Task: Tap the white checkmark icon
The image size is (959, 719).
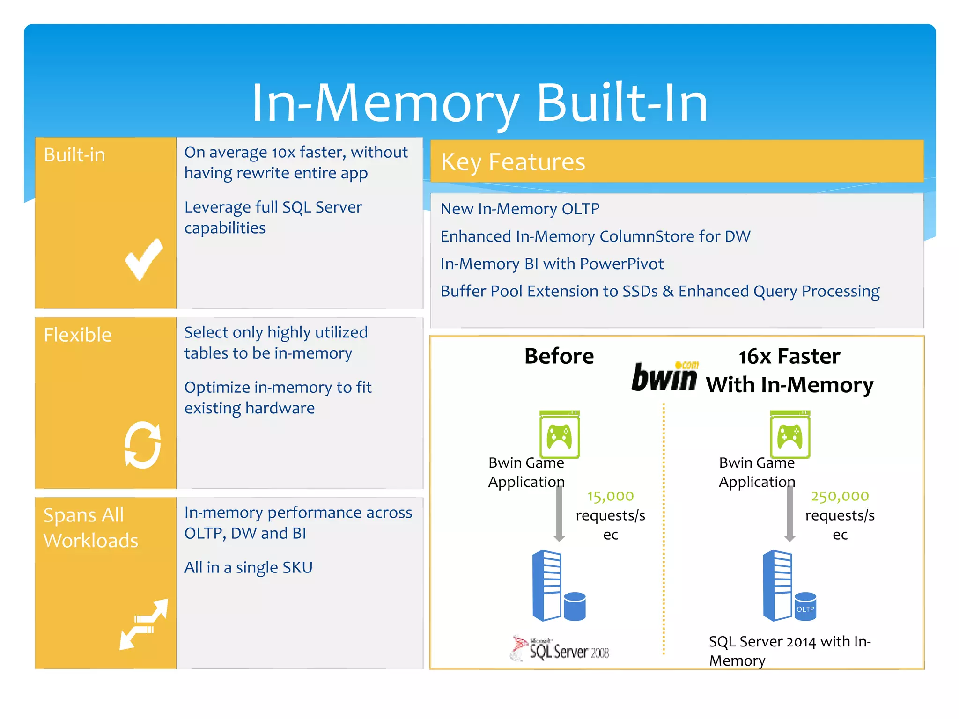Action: pos(144,259)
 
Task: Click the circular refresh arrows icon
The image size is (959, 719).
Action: pos(143,445)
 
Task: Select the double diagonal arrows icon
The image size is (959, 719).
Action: pos(143,624)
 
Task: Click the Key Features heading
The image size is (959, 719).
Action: pos(513,162)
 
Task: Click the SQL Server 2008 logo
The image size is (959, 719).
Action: pos(561,649)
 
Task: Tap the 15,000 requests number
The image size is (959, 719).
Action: pos(610,496)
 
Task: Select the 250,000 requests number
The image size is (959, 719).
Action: pos(840,496)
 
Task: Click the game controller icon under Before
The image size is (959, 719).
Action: pos(559,434)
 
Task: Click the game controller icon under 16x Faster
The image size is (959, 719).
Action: pos(790,434)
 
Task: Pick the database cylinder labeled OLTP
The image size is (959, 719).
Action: pos(805,607)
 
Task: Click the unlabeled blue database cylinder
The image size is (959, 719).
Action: pos(575,607)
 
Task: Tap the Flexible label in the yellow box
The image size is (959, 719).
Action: pos(78,335)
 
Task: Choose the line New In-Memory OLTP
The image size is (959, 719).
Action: pos(520,209)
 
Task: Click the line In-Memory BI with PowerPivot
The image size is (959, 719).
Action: pos(552,264)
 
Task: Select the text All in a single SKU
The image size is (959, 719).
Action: pos(248,567)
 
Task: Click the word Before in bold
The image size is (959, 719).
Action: pos(559,356)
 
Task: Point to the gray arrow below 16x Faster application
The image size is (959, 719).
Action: pos(789,514)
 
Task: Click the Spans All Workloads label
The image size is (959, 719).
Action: pos(90,528)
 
